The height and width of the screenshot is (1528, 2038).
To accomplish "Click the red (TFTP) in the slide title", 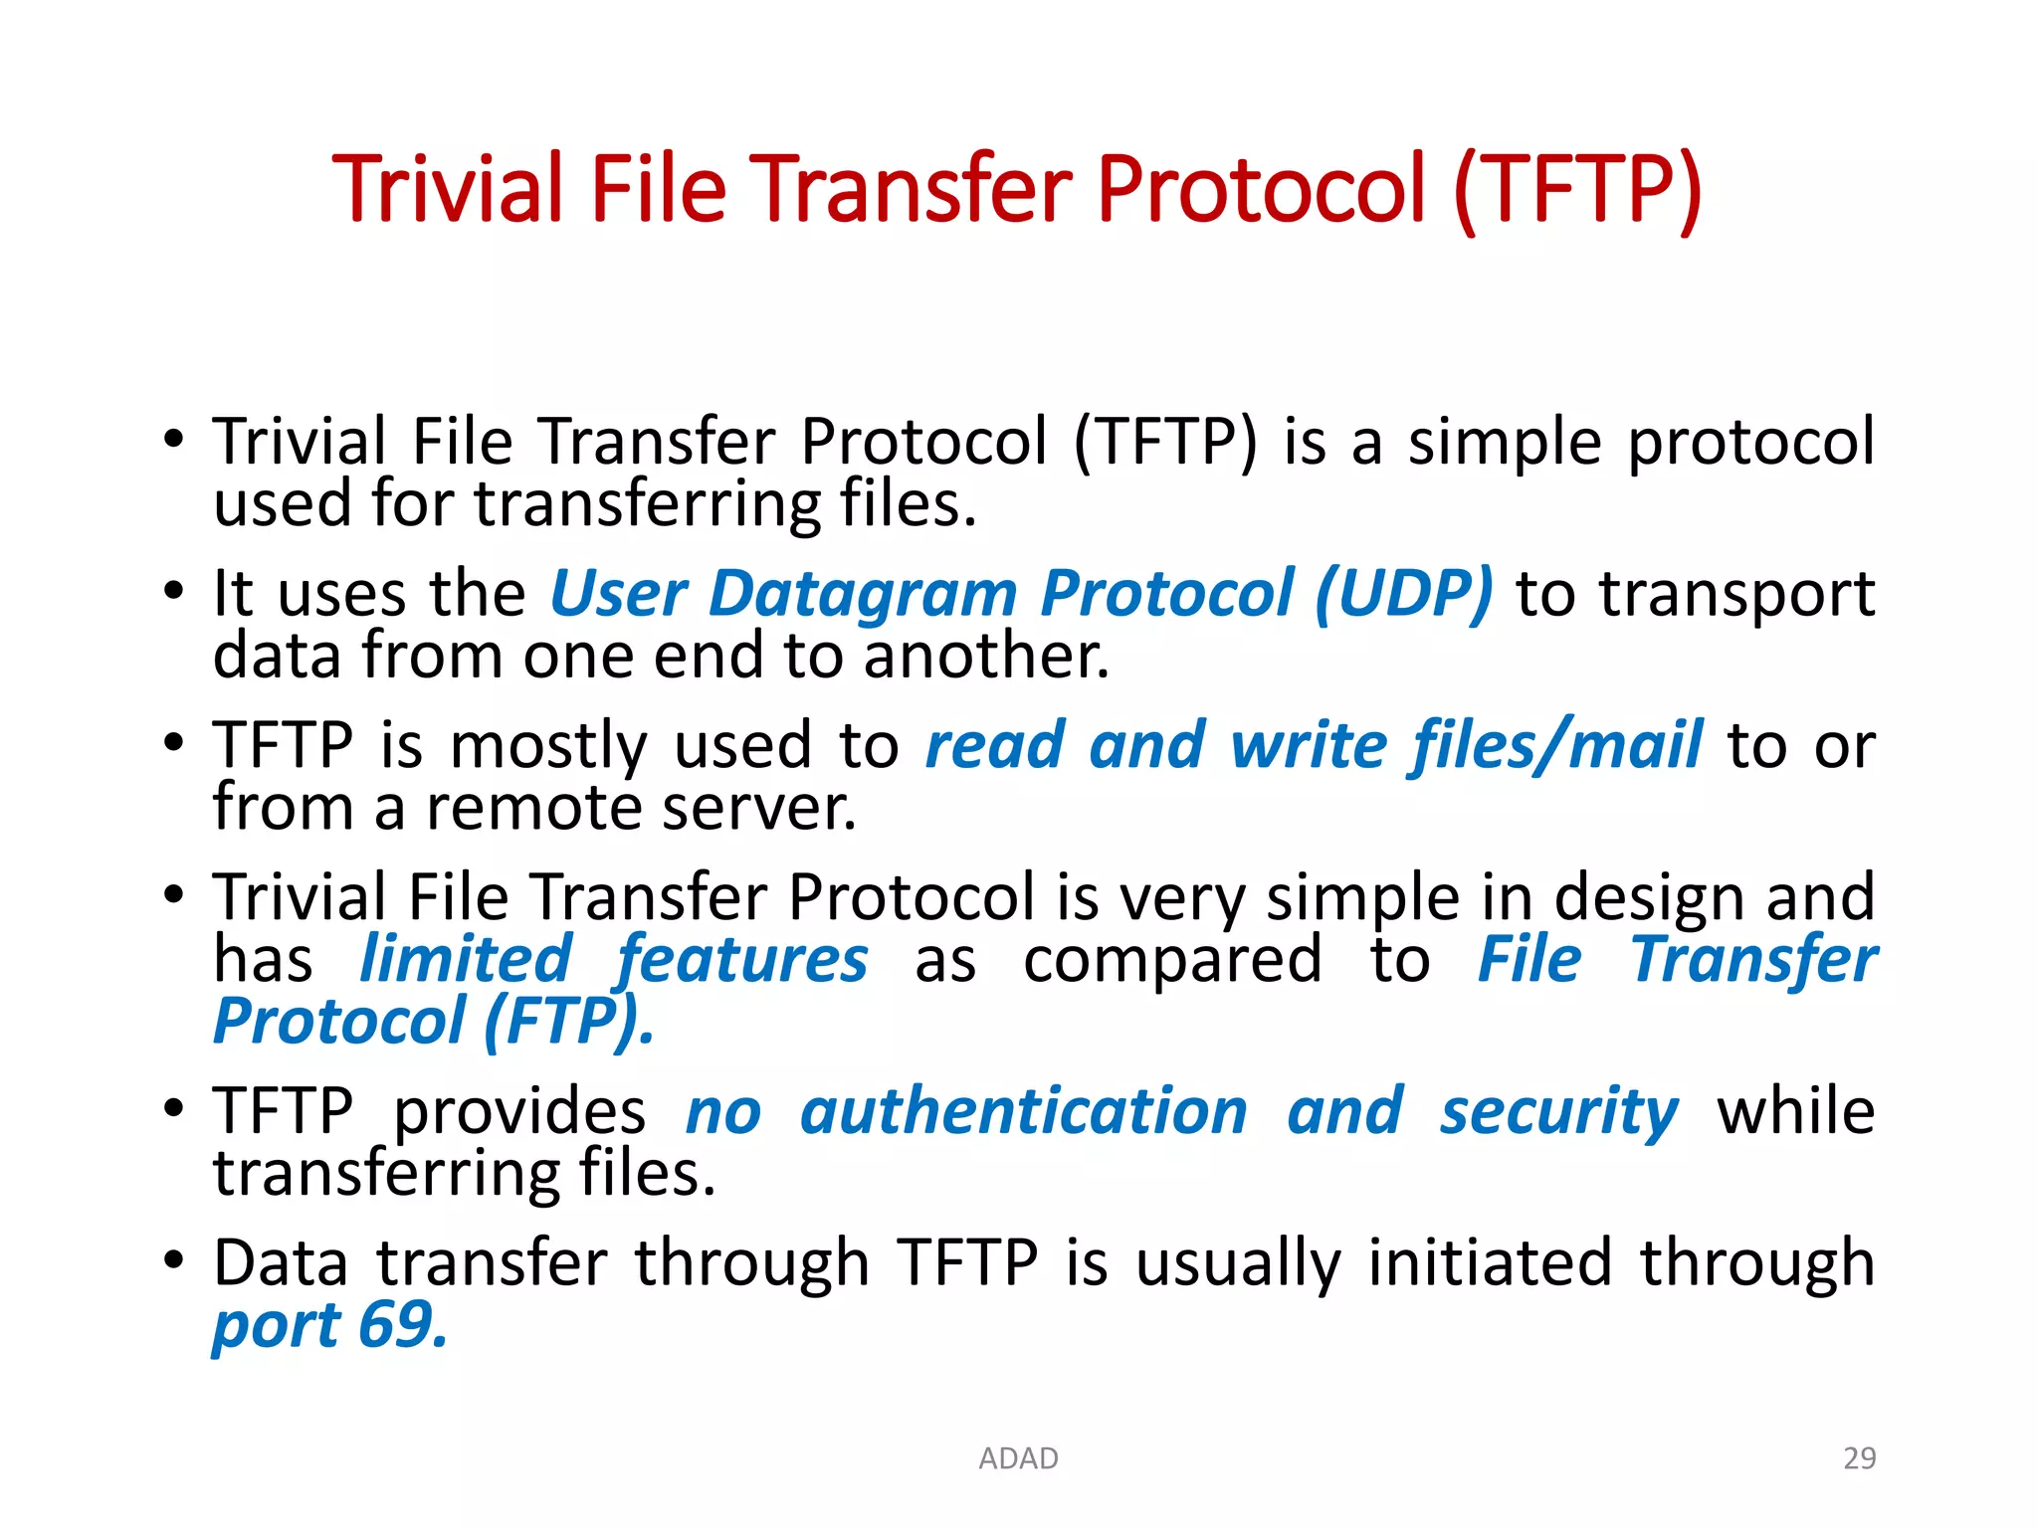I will tap(1578, 191).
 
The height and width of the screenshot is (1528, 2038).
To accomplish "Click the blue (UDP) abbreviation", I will tap(1403, 594).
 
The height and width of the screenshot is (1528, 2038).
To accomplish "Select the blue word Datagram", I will tap(863, 594).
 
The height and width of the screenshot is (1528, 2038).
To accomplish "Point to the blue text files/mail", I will tap(1555, 746).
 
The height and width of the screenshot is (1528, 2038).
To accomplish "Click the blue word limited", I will tap(466, 960).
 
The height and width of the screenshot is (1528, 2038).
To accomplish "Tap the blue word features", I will tap(742, 960).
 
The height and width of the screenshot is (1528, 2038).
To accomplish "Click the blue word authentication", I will tap(1024, 1112).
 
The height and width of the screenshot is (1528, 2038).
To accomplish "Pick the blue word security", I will tap(1559, 1112).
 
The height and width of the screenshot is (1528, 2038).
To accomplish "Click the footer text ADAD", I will tap(1018, 1458).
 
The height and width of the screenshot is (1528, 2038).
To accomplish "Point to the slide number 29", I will tap(1859, 1458).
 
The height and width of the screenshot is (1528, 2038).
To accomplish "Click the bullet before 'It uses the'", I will tap(174, 591).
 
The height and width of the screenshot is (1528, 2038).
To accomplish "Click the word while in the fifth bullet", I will tap(1796, 1112).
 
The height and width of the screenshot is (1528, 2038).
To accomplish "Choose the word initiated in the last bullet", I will tap(1490, 1263).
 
